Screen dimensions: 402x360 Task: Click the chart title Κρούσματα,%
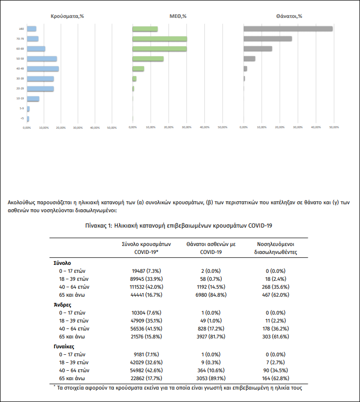coord(67,16)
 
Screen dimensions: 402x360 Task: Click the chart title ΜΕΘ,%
coord(178,16)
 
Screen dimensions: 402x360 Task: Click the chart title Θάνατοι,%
coord(289,16)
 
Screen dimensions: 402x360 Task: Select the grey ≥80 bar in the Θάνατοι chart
coord(288,29)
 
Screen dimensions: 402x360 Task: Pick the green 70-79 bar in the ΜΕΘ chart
coord(160,39)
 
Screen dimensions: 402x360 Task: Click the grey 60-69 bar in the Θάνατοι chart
coord(258,49)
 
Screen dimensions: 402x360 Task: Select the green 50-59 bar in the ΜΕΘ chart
coord(148,59)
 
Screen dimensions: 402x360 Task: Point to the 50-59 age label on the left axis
coord(20,59)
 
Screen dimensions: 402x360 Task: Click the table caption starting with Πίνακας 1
coord(180,226)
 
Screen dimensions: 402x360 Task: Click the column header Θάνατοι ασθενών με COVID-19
coord(211,248)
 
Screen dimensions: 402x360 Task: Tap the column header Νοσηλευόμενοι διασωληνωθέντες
coord(277,248)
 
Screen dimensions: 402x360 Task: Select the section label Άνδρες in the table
coord(62,304)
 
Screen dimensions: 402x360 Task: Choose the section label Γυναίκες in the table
coord(65,346)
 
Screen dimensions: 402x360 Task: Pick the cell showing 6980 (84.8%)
coord(211,295)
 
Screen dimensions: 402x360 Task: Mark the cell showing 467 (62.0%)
coord(277,295)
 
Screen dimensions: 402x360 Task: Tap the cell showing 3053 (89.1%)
coord(211,379)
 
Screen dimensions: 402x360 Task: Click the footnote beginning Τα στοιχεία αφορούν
coord(179,388)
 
